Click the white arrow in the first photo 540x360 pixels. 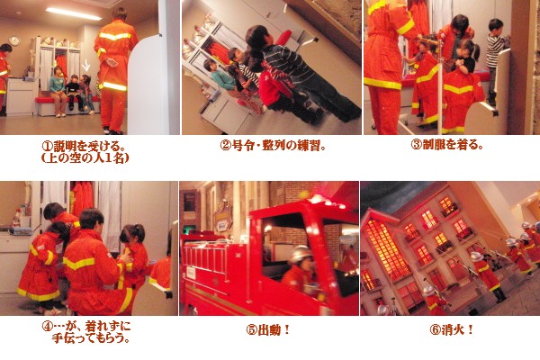86,66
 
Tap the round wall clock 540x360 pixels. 14,40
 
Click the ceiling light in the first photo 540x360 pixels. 74,13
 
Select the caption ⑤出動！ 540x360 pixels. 268,330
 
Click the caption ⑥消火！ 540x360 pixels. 452,329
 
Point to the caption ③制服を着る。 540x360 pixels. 446,145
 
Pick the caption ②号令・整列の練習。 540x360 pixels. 273,146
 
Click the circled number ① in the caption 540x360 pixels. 47,147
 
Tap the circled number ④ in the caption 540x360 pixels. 47,326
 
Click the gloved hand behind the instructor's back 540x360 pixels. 112,63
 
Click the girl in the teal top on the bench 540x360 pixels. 58,91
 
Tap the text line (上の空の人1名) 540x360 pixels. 85,158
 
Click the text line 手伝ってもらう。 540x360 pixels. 92,338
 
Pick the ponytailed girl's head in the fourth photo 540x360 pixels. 133,234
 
